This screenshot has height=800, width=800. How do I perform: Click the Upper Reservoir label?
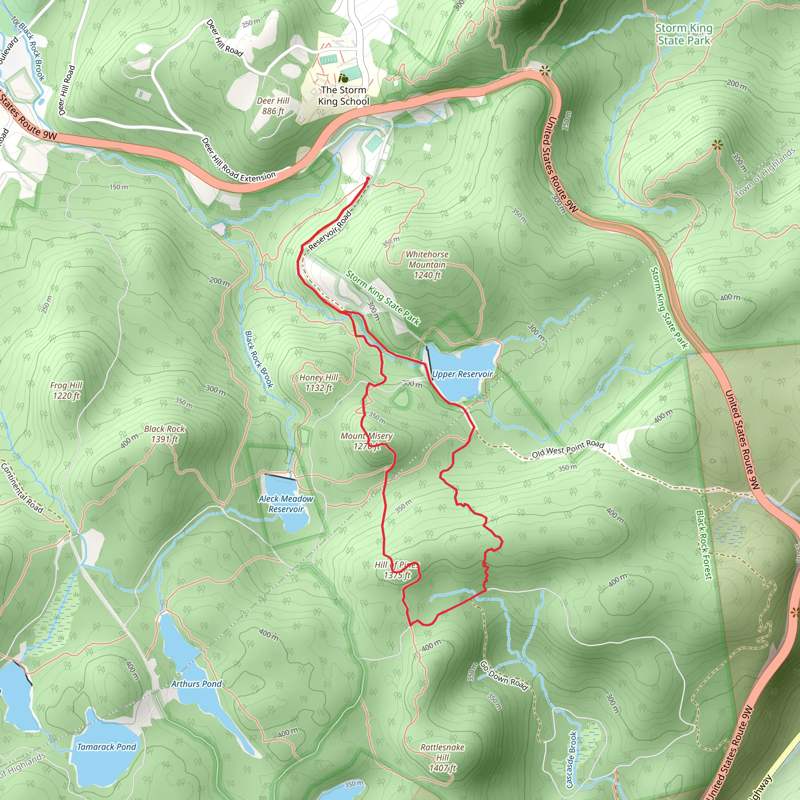[462, 374]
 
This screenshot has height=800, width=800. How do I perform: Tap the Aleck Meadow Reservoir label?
[286, 504]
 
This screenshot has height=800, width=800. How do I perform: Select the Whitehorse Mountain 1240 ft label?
[427, 264]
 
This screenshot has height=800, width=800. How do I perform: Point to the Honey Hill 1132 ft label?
[318, 382]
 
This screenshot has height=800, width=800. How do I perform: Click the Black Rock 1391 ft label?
[164, 434]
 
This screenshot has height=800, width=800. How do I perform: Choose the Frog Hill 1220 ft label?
[66, 391]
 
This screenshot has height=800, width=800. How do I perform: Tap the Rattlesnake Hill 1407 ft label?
[442, 758]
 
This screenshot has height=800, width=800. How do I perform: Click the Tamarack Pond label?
[106, 746]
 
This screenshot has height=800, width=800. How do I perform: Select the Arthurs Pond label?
[197, 684]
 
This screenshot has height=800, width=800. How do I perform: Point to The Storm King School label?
[343, 96]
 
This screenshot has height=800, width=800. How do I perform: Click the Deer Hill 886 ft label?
[273, 106]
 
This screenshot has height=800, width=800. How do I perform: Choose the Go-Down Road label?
[504, 676]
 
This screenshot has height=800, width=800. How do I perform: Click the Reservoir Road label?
[330, 230]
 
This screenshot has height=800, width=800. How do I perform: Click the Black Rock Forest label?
[704, 544]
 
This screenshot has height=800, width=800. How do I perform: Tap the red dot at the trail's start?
[368, 179]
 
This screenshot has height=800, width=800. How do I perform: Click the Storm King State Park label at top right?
[684, 34]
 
